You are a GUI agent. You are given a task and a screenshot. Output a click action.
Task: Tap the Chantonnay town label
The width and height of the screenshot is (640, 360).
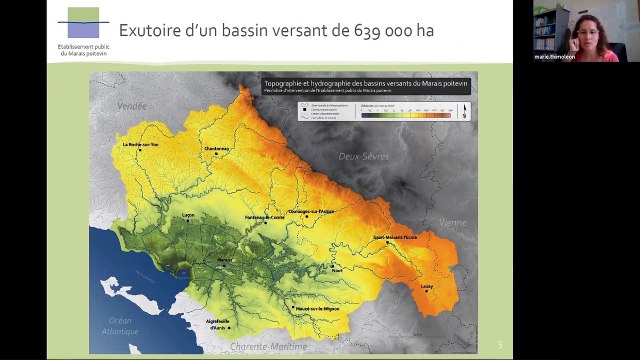[x=217, y=149]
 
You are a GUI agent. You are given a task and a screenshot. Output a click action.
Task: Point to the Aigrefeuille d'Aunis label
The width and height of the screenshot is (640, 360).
[x=217, y=322]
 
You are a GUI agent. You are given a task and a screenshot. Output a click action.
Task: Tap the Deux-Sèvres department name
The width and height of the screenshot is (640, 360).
[x=362, y=156]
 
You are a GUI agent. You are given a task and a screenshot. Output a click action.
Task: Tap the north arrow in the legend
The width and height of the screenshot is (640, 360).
[x=463, y=111]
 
